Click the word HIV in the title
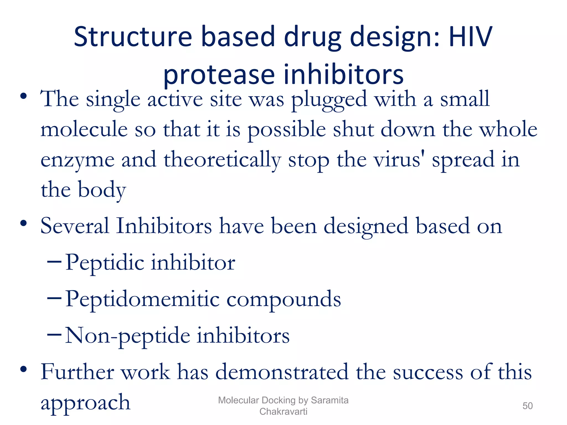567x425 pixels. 470,37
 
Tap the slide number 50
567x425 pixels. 527,406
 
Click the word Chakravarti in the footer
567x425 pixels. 283,411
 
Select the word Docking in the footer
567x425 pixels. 279,400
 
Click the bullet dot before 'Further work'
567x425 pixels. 24,369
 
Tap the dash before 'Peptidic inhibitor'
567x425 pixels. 54,261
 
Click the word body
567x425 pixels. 102,190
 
